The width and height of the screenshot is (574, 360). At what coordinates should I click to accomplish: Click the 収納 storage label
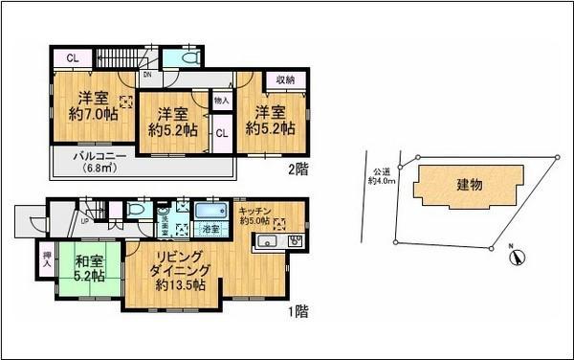(x=285, y=79)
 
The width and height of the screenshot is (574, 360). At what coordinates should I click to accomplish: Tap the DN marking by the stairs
(x=146, y=73)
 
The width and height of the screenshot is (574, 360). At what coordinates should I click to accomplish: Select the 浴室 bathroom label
(x=208, y=230)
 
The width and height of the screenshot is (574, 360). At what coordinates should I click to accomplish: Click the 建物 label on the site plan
(x=469, y=184)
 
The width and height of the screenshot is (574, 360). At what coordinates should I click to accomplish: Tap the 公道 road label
(x=381, y=172)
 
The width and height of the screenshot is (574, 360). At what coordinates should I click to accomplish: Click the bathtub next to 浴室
(x=208, y=211)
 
